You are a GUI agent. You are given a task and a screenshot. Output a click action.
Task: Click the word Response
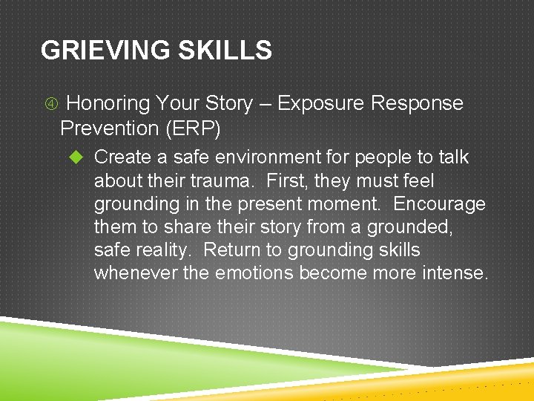[417, 103]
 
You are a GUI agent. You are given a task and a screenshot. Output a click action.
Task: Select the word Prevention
[110, 128]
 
